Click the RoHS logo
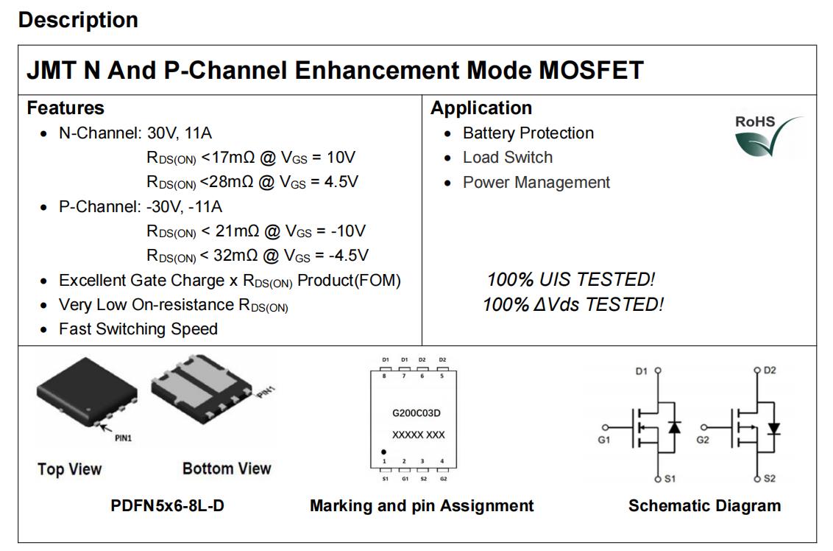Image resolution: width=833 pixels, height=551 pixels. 767,136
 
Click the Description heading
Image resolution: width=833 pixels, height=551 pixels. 78,20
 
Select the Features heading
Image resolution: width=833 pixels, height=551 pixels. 65,108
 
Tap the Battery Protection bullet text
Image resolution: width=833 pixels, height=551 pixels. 528,133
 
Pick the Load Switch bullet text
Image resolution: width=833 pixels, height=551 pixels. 507,158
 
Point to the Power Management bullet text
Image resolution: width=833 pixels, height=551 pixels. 536,183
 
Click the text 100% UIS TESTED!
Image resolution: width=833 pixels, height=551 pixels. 570,280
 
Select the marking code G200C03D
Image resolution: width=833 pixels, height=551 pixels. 416,413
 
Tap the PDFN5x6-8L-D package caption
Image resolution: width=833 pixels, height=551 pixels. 167,506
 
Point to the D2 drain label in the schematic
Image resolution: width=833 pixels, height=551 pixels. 769,371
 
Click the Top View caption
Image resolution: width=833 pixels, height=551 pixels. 70,469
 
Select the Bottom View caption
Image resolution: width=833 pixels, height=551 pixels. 227,468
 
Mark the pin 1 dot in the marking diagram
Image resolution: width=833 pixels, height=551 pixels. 383,451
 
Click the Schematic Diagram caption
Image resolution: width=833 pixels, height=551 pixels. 704,506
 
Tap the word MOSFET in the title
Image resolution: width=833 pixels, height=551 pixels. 592,71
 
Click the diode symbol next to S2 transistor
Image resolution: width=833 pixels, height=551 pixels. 773,428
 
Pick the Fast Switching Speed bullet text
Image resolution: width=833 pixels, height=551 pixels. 138,329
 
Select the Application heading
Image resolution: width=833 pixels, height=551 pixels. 481,108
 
